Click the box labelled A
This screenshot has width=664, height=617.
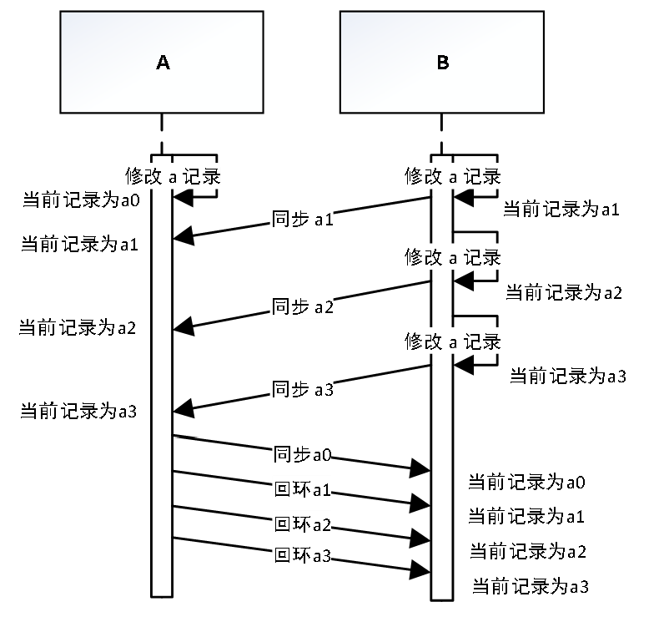[x=162, y=63]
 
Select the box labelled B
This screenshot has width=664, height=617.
[x=442, y=63]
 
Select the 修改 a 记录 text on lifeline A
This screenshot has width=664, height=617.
[x=173, y=177]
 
